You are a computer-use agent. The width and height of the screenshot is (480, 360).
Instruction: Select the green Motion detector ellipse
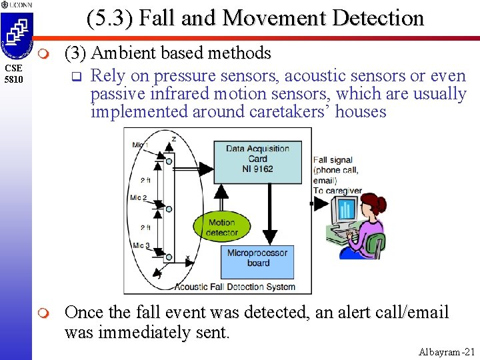(x=221, y=227)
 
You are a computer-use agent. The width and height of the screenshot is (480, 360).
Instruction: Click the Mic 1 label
(x=140, y=145)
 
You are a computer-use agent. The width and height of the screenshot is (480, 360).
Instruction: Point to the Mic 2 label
(x=140, y=198)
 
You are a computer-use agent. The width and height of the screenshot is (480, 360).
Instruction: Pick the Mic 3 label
(x=140, y=246)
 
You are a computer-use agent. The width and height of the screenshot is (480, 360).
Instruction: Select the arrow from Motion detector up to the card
(x=222, y=196)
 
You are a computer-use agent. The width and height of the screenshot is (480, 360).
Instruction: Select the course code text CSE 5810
(x=14, y=74)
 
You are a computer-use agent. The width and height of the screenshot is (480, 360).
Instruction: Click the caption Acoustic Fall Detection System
(x=235, y=287)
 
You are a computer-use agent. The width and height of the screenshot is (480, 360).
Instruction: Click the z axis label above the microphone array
(x=174, y=139)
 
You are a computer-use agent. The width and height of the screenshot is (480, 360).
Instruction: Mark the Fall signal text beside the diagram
(x=333, y=160)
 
